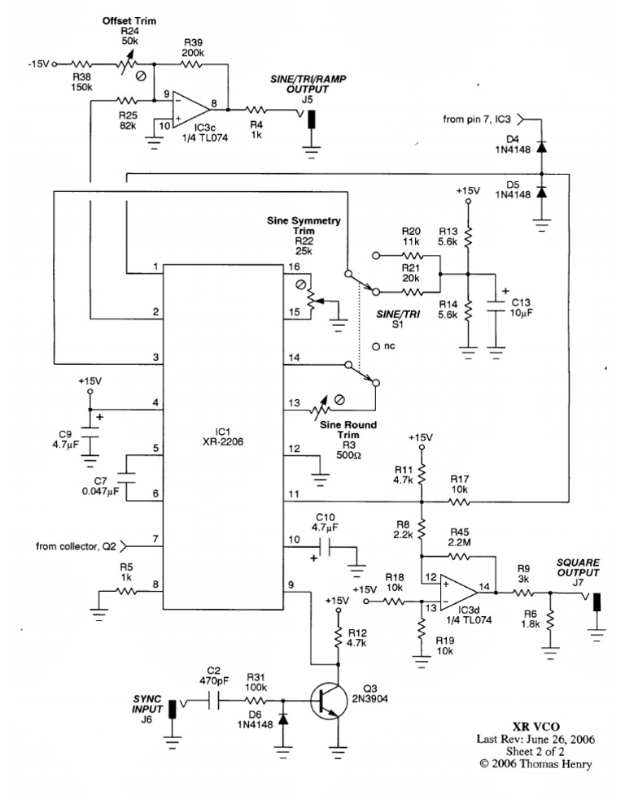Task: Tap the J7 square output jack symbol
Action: (x=597, y=602)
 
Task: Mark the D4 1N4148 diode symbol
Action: (x=540, y=147)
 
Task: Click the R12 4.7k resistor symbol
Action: (x=338, y=637)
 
